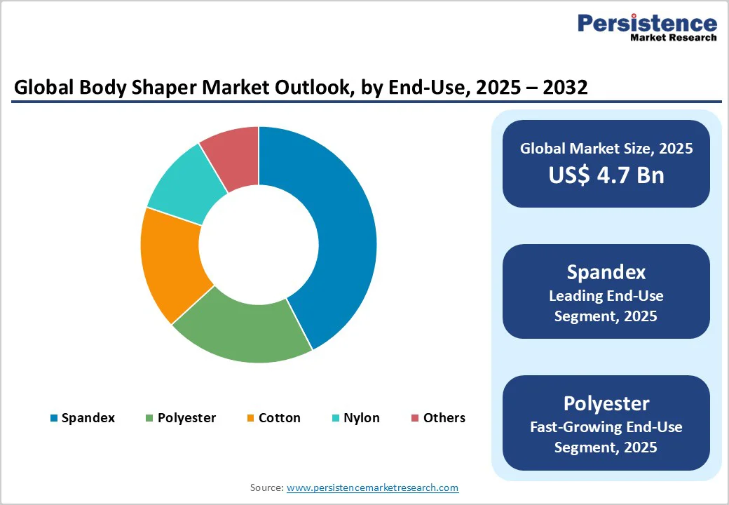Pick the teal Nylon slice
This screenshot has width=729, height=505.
tap(184, 184)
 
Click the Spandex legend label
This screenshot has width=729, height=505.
tap(88, 418)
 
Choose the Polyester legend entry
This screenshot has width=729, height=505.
tap(186, 418)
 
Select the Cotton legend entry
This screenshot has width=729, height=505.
tap(279, 418)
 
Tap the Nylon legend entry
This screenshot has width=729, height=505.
tap(361, 418)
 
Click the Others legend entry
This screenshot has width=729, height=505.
tap(444, 418)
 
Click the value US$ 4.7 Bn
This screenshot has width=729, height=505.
tap(606, 175)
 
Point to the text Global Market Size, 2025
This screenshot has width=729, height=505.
tap(606, 149)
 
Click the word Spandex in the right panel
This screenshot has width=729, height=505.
tap(606, 272)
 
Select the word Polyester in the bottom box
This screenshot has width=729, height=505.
tap(606, 403)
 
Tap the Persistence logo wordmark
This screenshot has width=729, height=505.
tap(646, 23)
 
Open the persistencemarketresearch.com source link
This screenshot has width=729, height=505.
tap(372, 487)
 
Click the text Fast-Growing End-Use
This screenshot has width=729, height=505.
tap(606, 426)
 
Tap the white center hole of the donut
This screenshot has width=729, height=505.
tap(259, 245)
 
